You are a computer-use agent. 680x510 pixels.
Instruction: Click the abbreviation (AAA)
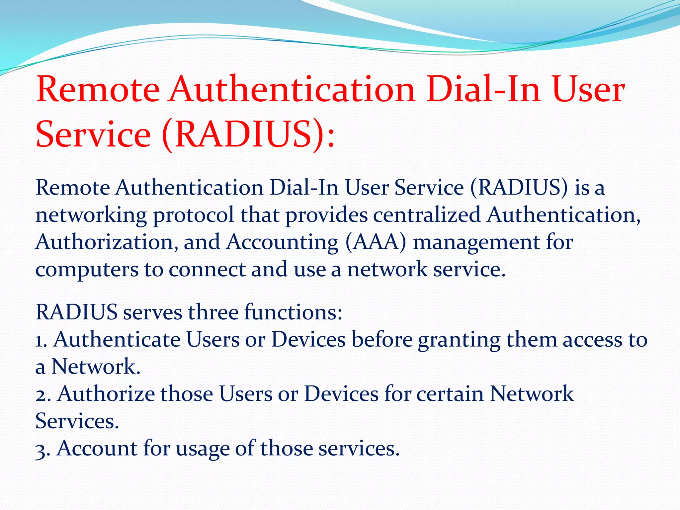click(x=376, y=242)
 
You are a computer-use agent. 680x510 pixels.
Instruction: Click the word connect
click(x=207, y=269)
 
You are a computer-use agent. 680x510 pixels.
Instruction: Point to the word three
click(x=213, y=312)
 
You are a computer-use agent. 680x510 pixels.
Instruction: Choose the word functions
click(x=293, y=312)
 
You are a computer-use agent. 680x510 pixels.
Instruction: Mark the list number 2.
click(x=42, y=394)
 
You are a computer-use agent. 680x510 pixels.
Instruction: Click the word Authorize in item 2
click(x=106, y=394)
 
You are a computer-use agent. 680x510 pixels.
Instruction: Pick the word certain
click(x=450, y=394)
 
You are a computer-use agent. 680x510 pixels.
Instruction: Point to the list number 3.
click(x=42, y=449)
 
